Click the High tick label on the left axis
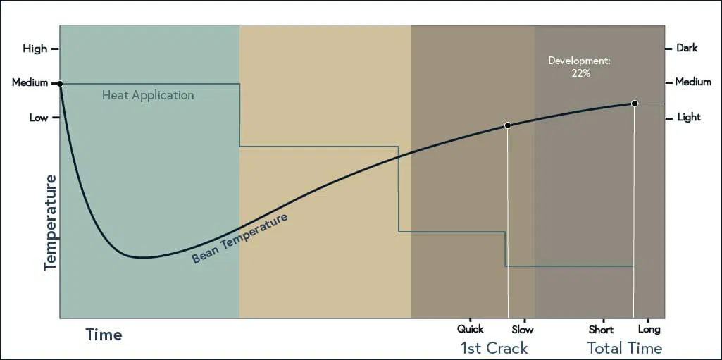tap(35, 49)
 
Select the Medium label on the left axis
tap(30, 83)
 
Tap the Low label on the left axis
tap(39, 118)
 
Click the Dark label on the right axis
tap(687, 48)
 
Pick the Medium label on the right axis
tap(693, 82)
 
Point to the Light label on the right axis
tap(689, 118)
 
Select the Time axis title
tap(104, 335)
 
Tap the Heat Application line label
tap(148, 96)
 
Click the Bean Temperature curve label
tap(240, 238)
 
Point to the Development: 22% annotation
tap(579, 67)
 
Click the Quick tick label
tap(470, 329)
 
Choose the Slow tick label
tap(523, 330)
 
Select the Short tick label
tap(602, 330)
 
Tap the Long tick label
tap(649, 330)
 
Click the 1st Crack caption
tap(494, 347)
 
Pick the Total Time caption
tap(624, 347)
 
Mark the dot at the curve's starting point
tap(60, 83)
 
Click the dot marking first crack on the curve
tap(508, 125)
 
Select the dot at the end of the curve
tap(634, 104)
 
